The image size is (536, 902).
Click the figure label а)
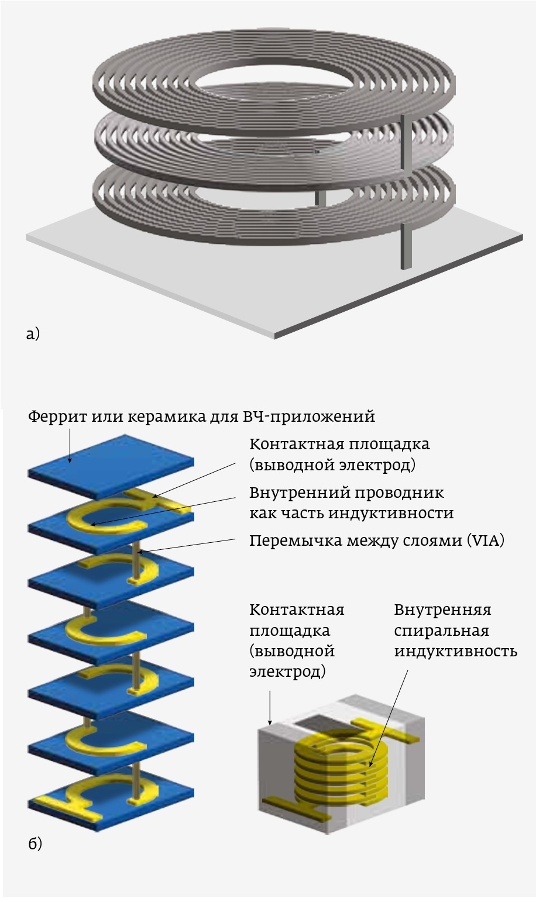(x=33, y=334)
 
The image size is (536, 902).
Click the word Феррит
(x=56, y=417)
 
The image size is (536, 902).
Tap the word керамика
(x=154, y=417)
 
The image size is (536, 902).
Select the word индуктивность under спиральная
(x=455, y=651)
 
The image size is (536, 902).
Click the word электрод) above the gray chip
(x=287, y=671)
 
